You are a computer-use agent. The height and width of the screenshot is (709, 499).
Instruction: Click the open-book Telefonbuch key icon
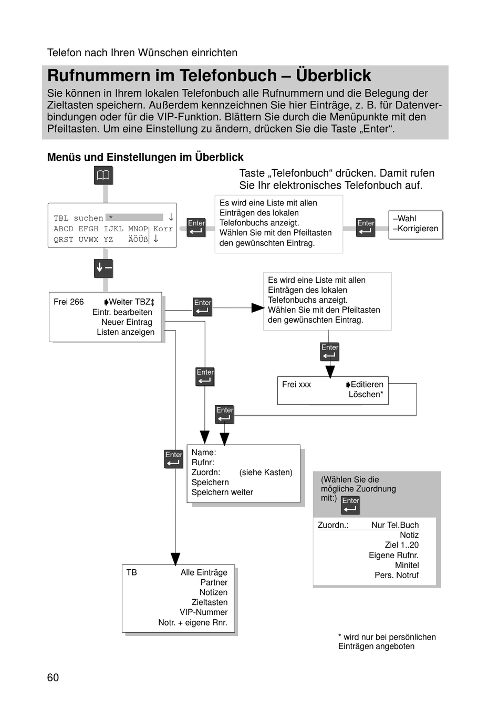[103, 175]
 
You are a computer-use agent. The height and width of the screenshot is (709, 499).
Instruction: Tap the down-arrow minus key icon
[103, 269]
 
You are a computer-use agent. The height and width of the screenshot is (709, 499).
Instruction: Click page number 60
[53, 677]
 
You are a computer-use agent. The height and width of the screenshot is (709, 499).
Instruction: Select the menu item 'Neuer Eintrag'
[127, 322]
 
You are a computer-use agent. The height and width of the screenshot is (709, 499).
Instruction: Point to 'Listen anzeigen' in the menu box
[126, 332]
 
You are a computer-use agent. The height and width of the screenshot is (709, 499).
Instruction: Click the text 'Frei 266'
[69, 302]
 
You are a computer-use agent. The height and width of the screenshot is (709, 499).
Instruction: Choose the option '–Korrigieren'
[415, 229]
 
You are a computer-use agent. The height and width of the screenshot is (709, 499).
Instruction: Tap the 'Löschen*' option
[366, 394]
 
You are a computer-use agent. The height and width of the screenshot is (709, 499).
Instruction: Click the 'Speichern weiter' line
[222, 492]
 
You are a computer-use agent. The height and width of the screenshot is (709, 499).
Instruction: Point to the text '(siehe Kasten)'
[266, 472]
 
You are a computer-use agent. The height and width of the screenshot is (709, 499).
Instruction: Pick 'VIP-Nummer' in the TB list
[203, 612]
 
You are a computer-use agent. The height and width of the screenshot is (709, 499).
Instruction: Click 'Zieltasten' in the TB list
[210, 602]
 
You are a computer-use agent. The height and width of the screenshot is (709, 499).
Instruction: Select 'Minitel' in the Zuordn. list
[407, 565]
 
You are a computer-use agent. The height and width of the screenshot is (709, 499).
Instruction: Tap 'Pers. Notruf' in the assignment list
[397, 575]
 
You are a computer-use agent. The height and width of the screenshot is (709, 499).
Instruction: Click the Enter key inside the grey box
[350, 505]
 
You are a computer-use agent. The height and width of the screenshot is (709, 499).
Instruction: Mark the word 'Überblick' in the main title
[334, 75]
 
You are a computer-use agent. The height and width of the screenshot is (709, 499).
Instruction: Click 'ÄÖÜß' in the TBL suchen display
[138, 240]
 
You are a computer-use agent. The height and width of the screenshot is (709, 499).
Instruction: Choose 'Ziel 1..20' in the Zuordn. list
[401, 544]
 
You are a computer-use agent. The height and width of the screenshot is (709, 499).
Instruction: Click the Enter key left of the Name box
[173, 459]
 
